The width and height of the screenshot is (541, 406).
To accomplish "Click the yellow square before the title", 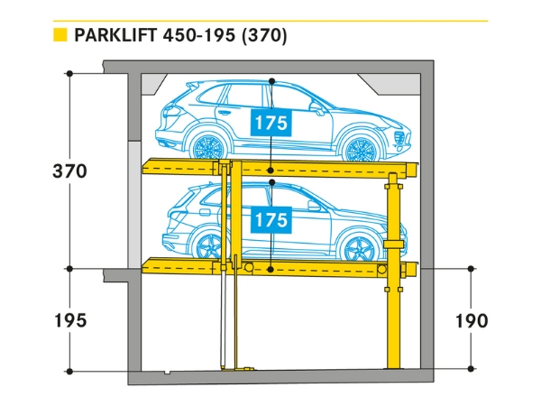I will pyautogui.click(x=60, y=36).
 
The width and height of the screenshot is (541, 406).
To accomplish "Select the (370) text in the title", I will pyautogui.click(x=262, y=36).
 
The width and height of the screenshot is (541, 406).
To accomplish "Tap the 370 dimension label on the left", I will pyautogui.click(x=69, y=171).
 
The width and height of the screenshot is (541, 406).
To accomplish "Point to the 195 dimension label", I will pyautogui.click(x=69, y=321).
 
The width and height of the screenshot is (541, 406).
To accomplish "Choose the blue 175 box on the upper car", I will pyautogui.click(x=270, y=123).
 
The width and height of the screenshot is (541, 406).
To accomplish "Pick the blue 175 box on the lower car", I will pyautogui.click(x=270, y=219).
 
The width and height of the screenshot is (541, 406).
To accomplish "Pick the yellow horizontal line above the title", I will pyautogui.click(x=270, y=20).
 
